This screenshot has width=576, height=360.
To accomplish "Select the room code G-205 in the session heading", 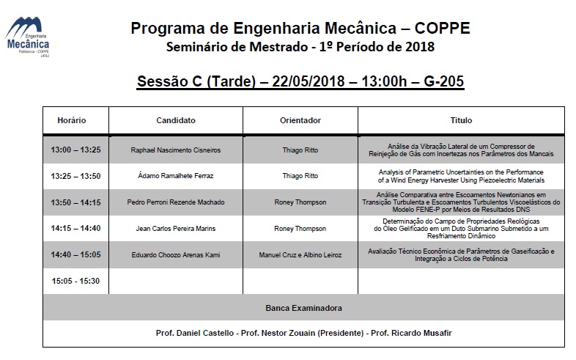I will (x=443, y=81).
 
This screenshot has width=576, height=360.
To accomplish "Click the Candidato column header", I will (x=176, y=120).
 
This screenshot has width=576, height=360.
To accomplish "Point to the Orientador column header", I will (x=300, y=120).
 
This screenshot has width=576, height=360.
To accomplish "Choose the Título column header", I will (x=462, y=120).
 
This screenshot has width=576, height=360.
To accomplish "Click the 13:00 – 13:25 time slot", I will (x=75, y=150).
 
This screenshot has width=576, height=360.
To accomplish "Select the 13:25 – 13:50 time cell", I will (x=75, y=176).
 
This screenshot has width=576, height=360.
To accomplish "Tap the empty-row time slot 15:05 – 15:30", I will (x=75, y=281).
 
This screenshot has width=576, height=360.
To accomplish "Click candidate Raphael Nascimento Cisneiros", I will (x=176, y=150).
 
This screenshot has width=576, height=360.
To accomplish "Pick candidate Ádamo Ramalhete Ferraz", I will (x=176, y=176).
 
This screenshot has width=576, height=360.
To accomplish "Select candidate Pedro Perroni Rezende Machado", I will (x=176, y=202).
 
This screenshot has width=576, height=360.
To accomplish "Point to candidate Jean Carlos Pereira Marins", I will (x=176, y=229).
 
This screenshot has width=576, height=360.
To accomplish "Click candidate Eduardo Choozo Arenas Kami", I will (x=176, y=255).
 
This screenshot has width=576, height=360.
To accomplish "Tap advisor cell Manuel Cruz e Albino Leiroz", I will (x=300, y=255).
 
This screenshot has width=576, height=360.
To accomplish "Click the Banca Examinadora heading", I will (x=303, y=308).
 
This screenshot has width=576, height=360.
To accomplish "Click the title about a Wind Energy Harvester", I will (x=462, y=176).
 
